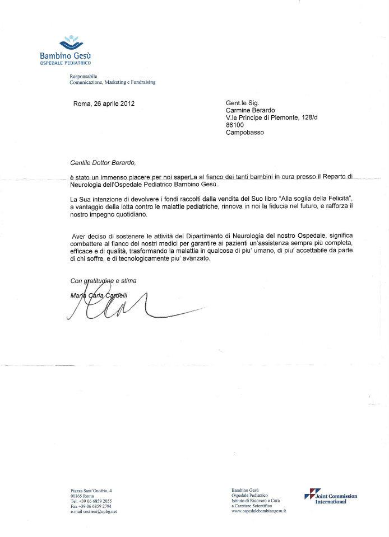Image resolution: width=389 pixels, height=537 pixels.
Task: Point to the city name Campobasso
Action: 244,133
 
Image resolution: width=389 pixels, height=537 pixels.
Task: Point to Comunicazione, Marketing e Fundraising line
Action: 113,82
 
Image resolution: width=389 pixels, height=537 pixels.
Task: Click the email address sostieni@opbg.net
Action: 90,512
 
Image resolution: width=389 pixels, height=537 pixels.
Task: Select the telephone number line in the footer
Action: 87,501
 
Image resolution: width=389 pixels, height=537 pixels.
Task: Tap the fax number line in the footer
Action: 87,506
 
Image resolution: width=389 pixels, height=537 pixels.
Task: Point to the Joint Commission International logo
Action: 330,498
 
